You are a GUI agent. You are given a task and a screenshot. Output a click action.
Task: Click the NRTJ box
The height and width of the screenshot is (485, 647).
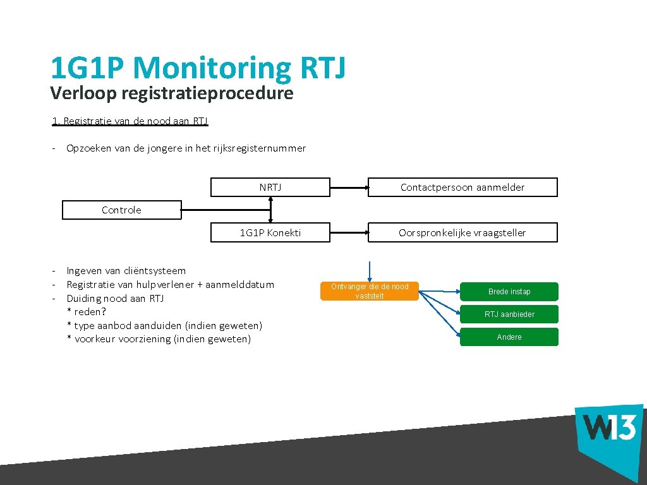[270, 188]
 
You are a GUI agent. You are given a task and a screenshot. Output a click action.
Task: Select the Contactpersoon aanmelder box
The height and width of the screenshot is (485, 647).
[463, 188]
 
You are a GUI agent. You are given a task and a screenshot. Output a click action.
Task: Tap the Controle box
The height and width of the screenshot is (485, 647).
[121, 210]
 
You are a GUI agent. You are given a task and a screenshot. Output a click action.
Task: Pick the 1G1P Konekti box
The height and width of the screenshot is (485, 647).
[270, 232]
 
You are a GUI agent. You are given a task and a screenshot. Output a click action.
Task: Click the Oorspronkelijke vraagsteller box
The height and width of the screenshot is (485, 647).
[463, 232]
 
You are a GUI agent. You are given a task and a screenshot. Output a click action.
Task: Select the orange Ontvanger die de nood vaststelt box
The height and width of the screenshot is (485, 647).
[370, 291]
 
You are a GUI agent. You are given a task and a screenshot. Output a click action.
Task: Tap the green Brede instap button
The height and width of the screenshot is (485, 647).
[509, 292]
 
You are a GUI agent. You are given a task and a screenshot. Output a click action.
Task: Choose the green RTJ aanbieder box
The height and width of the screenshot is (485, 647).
[509, 314]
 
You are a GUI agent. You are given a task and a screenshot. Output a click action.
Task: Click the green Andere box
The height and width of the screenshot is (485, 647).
[509, 337]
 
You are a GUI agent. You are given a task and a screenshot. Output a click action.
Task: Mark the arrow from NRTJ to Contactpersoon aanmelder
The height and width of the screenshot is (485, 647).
[349, 188]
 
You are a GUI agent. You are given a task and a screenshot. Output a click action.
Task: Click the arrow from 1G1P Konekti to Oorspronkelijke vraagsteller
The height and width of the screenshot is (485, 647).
[349, 232]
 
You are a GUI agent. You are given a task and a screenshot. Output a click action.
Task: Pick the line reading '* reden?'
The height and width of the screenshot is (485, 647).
[87, 312]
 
